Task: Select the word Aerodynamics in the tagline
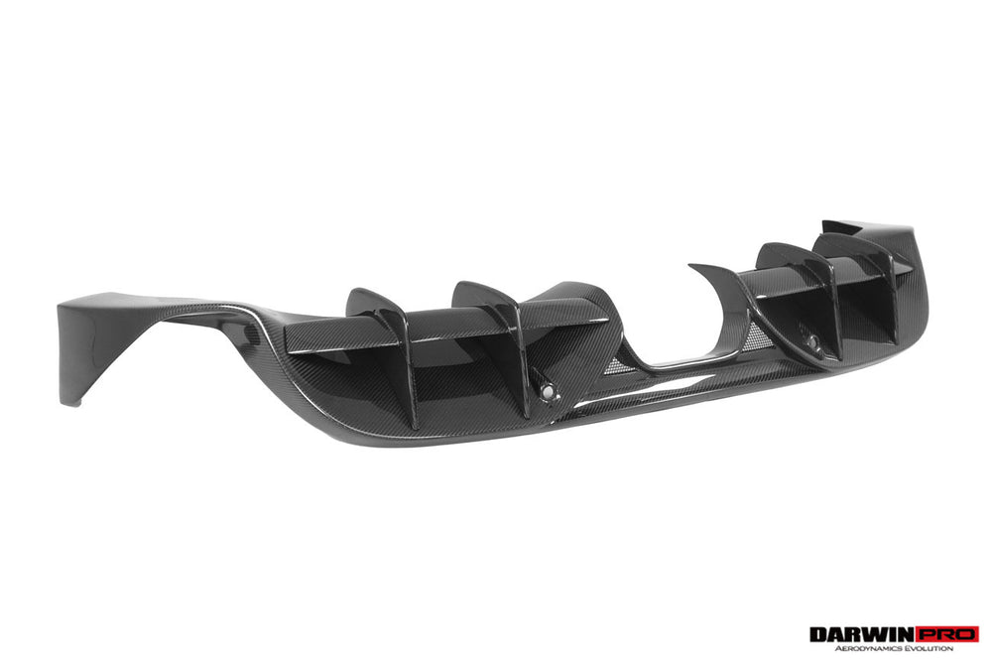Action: (x=865, y=648)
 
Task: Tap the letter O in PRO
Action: (x=968, y=633)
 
